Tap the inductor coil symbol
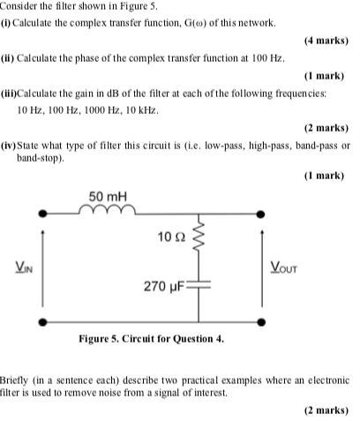(106, 210)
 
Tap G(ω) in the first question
(184, 22)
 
